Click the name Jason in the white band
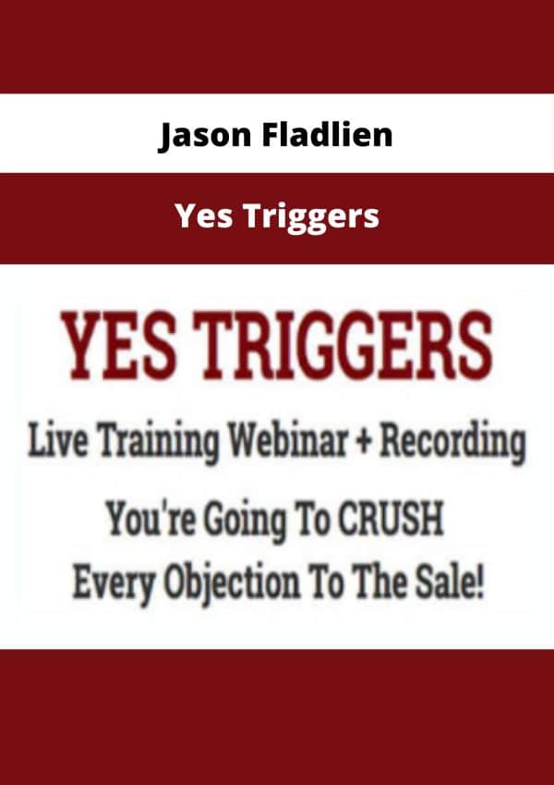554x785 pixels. click(x=204, y=136)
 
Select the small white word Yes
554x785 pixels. click(x=204, y=215)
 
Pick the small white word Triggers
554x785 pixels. click(x=312, y=218)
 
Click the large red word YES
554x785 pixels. click(x=119, y=347)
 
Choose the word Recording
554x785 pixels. click(x=452, y=445)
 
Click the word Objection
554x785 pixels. click(x=234, y=586)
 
